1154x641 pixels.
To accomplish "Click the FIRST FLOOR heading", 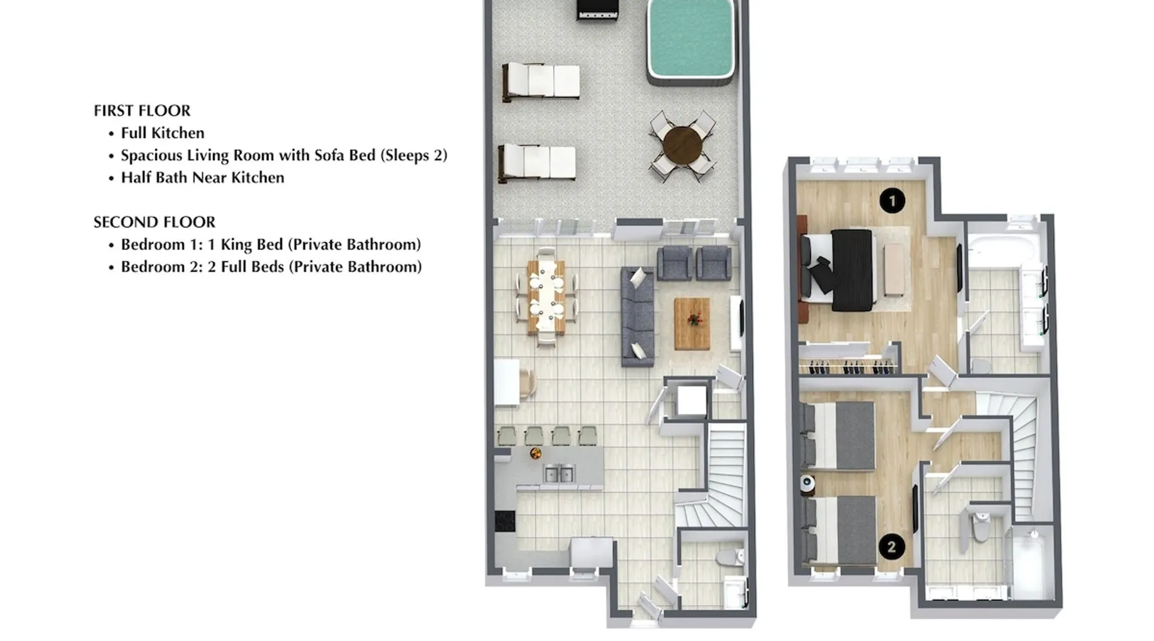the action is [x=142, y=111].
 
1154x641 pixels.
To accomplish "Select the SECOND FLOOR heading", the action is [x=155, y=222].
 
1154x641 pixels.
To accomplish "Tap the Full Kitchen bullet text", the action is [x=163, y=133].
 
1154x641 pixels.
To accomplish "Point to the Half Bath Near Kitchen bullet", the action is [x=203, y=178].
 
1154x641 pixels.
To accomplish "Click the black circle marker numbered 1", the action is [x=892, y=201].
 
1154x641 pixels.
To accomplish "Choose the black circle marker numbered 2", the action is [x=891, y=547].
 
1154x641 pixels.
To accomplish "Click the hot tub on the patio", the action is [x=690, y=42].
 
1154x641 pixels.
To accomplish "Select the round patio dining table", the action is [x=683, y=146].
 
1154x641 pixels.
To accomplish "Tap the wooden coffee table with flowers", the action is [x=692, y=324].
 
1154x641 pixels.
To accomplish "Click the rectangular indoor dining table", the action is [x=547, y=297].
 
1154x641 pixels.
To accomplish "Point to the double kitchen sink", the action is [x=560, y=474].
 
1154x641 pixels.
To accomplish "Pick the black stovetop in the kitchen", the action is [x=505, y=520].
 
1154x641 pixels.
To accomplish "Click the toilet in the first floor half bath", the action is [x=730, y=556].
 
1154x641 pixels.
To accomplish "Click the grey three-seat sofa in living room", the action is [x=638, y=317].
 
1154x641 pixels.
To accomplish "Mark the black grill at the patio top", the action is [x=597, y=10].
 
